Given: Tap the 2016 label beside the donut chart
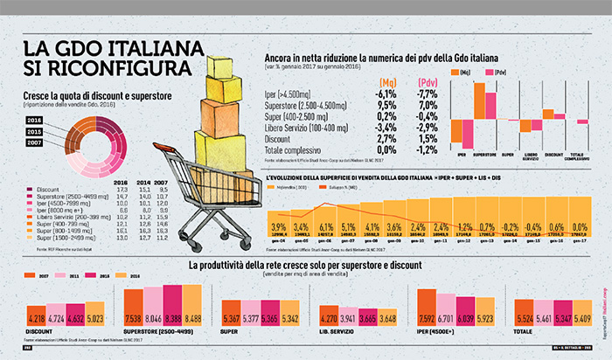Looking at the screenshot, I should (x=35, y=120).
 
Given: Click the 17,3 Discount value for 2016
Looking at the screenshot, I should (x=122, y=189).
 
